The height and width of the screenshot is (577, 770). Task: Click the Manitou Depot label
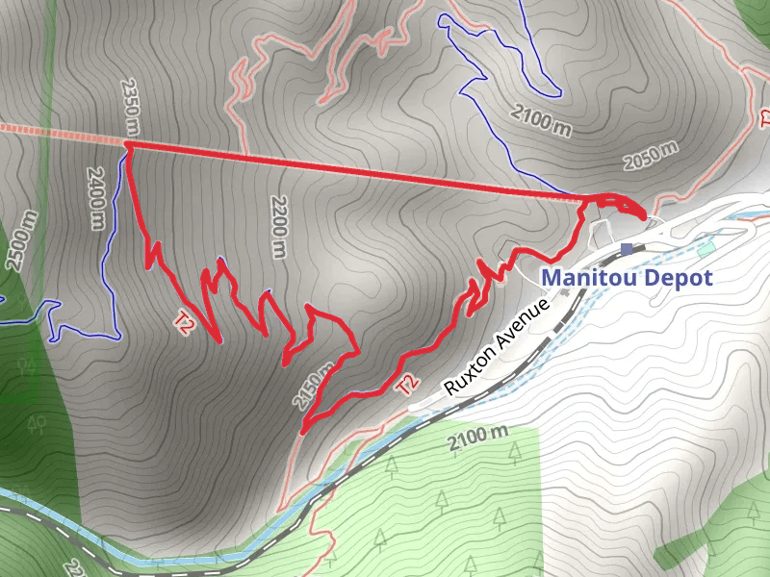click(627, 278)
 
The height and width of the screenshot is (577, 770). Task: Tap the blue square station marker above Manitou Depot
click(628, 250)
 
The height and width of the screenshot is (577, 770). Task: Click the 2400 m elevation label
click(95, 199)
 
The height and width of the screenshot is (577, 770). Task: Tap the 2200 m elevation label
click(278, 225)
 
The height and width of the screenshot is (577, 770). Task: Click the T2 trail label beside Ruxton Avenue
click(408, 385)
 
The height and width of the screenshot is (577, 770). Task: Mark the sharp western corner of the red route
click(127, 144)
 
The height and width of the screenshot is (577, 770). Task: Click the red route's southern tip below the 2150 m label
click(303, 432)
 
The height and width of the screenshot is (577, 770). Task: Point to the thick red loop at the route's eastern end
click(616, 204)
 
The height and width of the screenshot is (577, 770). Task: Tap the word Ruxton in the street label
click(471, 370)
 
